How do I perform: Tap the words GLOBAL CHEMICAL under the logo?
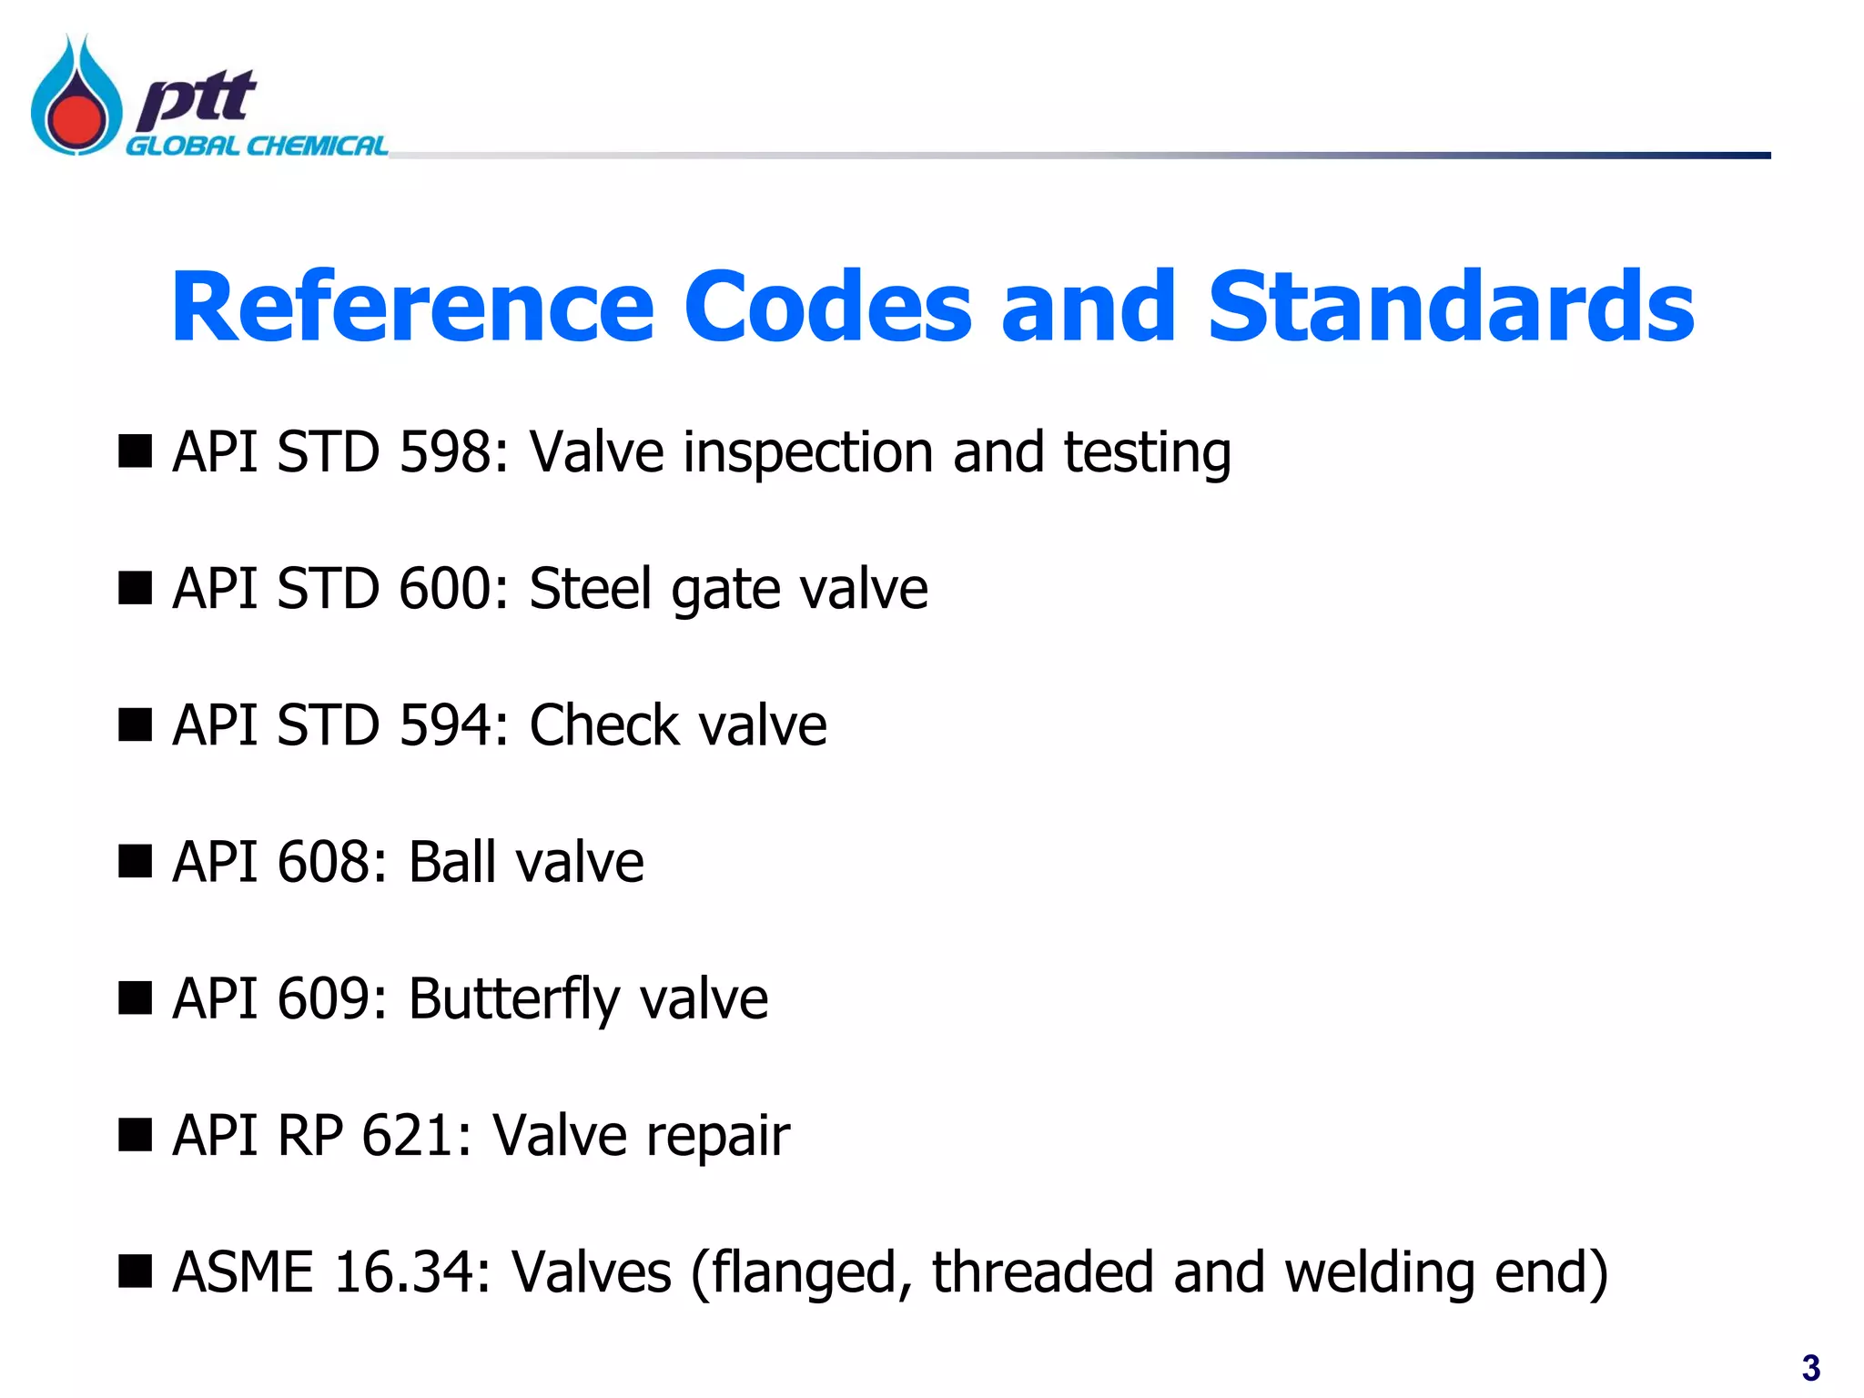256,147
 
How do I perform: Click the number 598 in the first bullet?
445,451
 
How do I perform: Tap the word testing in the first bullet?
1147,453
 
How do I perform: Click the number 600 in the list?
445,588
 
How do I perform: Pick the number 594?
445,725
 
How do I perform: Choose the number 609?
323,998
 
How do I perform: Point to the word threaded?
1042,1271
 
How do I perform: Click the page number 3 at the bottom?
1810,1368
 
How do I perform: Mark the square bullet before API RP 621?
135,1135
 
